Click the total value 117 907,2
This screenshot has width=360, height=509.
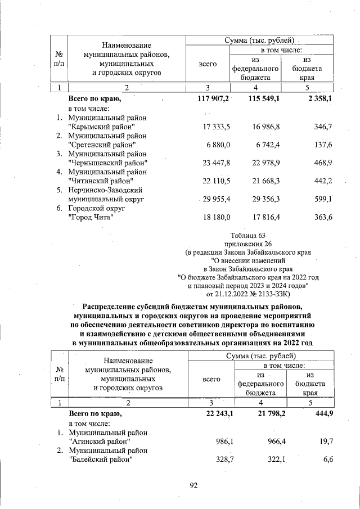point(211,99)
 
